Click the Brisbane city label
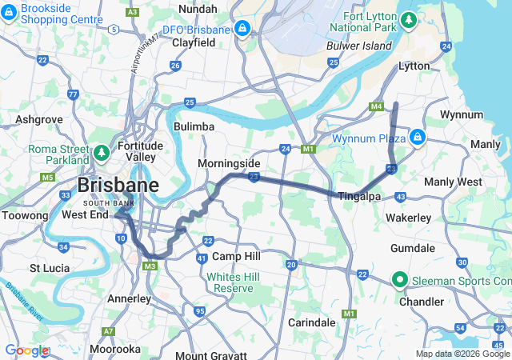point(118,186)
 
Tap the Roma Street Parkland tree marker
point(102,151)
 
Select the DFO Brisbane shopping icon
point(242,30)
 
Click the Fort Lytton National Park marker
point(409,18)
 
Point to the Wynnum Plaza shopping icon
point(417,138)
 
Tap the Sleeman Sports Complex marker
point(398,279)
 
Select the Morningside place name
point(229,163)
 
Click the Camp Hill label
point(236,256)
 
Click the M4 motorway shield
point(376,106)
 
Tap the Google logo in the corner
point(26,350)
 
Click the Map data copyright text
point(462,354)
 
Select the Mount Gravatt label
point(207,355)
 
